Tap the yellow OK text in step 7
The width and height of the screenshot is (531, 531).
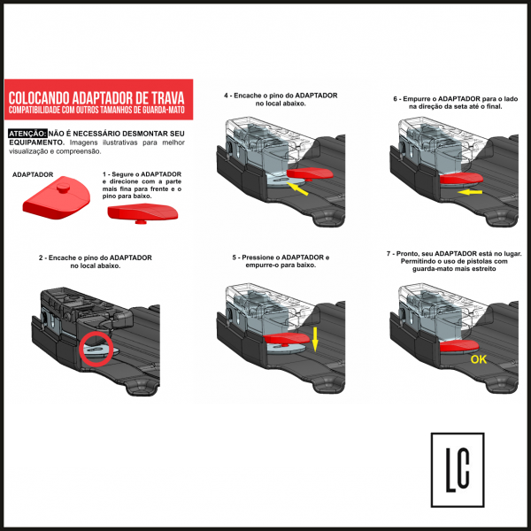point(479,359)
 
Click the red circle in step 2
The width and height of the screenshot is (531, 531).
point(96,332)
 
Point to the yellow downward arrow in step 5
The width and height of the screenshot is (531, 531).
point(315,339)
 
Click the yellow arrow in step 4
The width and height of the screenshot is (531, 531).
point(297,189)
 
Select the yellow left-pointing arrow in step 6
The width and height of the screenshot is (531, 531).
point(470,192)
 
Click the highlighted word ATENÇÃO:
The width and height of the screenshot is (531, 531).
point(27,134)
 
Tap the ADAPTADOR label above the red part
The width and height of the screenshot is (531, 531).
point(33,174)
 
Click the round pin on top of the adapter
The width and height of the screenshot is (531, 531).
point(63,188)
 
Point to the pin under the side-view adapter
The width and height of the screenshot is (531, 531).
point(140,222)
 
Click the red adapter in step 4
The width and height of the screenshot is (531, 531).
point(310,173)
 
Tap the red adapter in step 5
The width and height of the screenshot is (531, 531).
point(286,338)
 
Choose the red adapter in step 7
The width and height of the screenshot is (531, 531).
point(459,346)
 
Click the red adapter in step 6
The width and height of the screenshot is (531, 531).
point(462,178)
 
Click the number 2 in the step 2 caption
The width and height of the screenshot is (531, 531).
point(41,258)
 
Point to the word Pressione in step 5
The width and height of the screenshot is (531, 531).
point(256,258)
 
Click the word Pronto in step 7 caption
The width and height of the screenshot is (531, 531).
point(407,254)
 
